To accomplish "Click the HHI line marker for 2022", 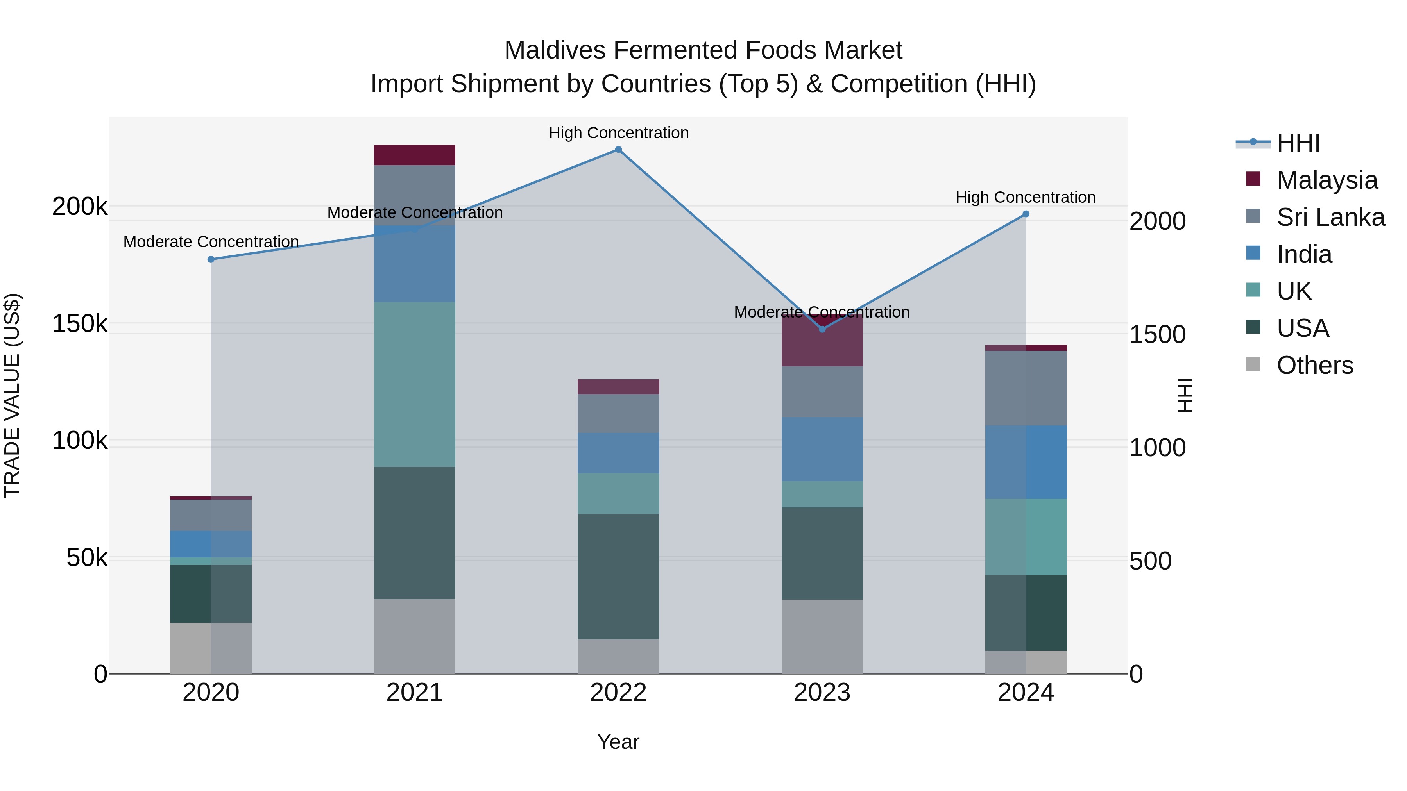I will [x=618, y=150].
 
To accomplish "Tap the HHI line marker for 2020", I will [x=211, y=259].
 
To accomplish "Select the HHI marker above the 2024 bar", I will [x=1026, y=214].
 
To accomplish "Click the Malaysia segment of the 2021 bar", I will [x=415, y=155].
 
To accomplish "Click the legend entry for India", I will [x=1304, y=254].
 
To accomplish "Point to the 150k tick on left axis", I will [x=79, y=324].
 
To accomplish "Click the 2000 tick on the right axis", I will [x=1157, y=221].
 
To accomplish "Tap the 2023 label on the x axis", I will [x=822, y=693].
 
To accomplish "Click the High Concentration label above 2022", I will [x=618, y=133].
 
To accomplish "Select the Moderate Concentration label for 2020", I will [x=211, y=241].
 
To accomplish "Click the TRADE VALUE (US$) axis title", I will [x=12, y=395].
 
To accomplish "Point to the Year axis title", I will [x=618, y=742].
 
